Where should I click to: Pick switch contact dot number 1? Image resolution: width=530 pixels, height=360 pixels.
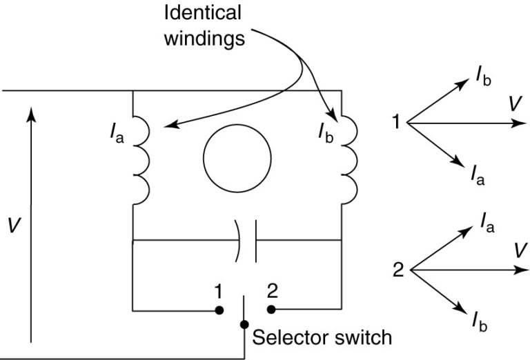coord(219,309)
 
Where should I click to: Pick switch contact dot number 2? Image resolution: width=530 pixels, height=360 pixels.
coord(271,309)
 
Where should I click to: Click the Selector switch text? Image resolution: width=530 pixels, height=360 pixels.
coord(322,338)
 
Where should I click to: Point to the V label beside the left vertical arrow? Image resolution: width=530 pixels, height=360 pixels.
coord(12,226)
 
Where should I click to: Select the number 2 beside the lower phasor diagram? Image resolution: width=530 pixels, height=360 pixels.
coord(398,270)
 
